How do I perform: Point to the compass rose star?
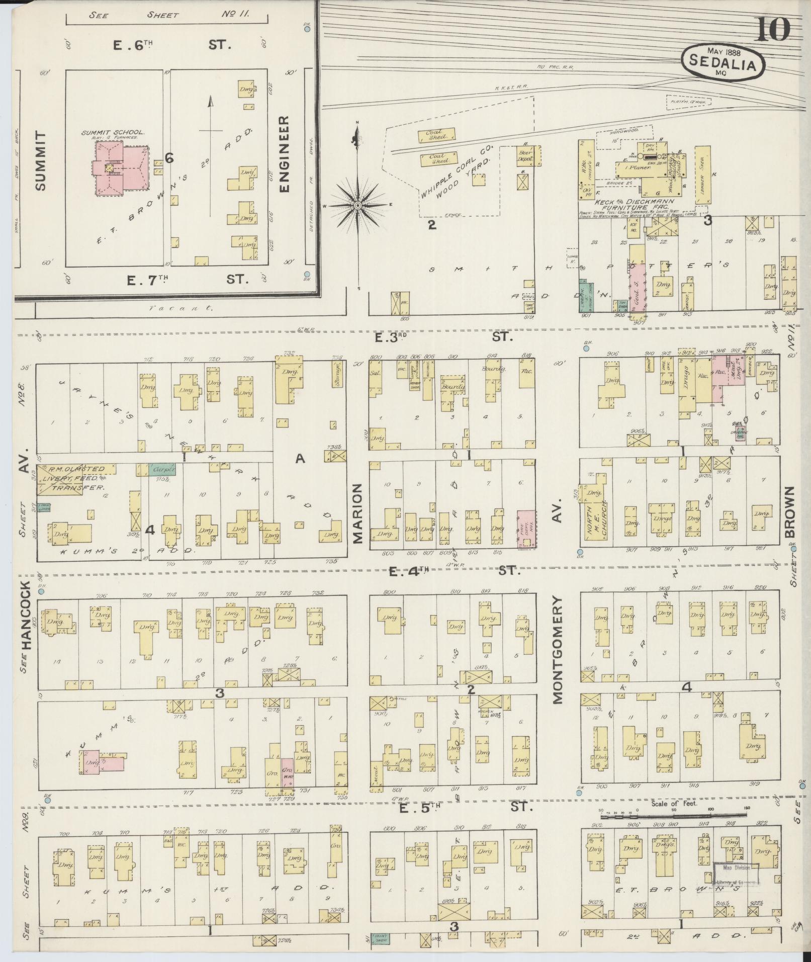click(357, 206)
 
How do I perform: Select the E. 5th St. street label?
click(463, 808)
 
